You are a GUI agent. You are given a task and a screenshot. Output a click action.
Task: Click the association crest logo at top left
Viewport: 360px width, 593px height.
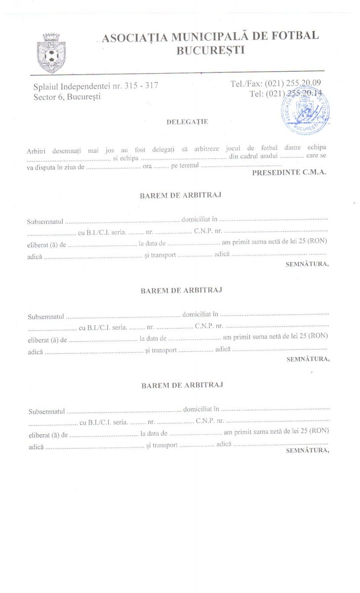pos(50,52)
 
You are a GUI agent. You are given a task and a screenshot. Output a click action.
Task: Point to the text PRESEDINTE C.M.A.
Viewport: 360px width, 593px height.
pos(289,173)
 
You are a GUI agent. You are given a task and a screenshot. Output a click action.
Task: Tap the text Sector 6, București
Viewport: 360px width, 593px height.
pos(67,97)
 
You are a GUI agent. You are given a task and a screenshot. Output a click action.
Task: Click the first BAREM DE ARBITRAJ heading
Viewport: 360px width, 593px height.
pos(181,195)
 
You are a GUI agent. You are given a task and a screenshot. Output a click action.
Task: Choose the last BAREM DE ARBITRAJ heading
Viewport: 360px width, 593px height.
pos(182,385)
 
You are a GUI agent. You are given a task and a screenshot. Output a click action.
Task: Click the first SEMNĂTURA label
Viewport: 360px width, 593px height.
pos(307,264)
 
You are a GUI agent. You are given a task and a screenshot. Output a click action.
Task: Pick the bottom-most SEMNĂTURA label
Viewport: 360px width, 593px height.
pos(307,450)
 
